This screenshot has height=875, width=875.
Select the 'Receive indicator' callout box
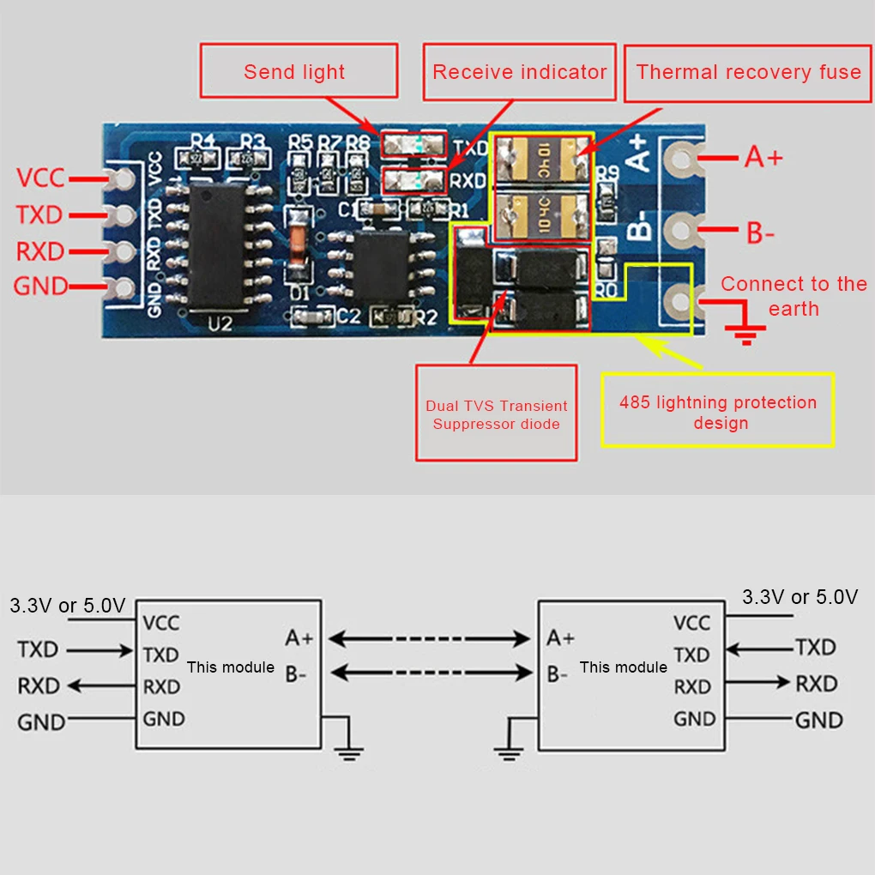pos(519,71)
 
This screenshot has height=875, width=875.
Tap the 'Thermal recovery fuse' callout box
pos(748,71)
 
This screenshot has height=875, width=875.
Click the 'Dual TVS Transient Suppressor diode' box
pos(496,413)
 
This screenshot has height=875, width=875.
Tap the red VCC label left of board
pos(40,178)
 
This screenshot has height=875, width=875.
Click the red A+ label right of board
pos(763,157)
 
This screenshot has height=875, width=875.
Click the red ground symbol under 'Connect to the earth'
pos(745,332)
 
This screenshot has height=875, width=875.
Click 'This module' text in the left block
pos(230,667)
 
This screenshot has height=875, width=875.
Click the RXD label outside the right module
pos(816,684)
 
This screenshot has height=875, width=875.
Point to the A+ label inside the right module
pos(561,638)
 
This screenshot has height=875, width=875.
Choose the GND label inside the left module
pos(164,719)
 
